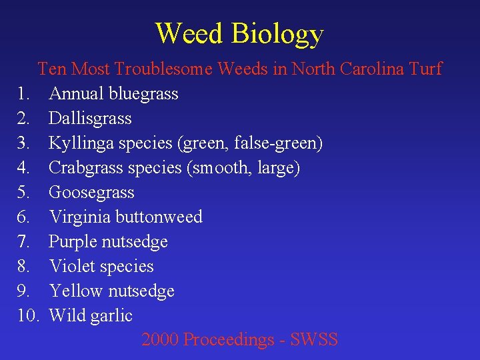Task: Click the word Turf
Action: click(425, 69)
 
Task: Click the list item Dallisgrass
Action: click(90, 119)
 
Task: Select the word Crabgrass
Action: click(83, 168)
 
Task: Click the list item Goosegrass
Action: click(91, 193)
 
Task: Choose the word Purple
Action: click(71, 242)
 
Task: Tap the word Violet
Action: click(69, 267)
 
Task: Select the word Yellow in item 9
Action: click(75, 291)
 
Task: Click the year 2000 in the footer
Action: click(160, 340)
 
